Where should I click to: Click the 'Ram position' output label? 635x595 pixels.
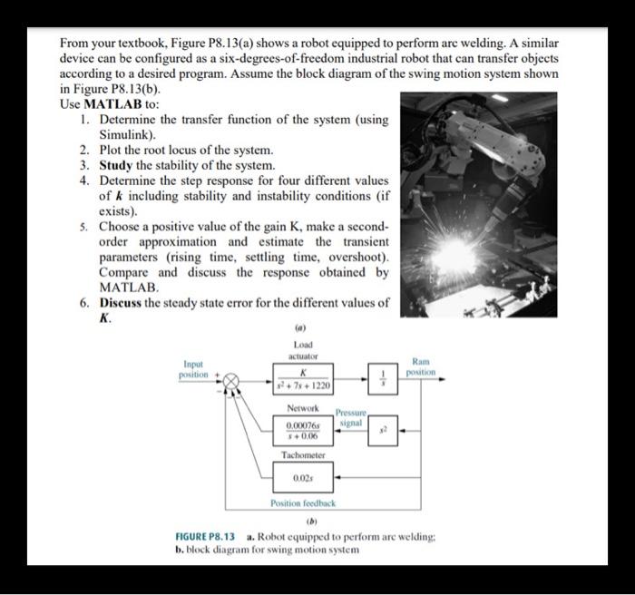tap(421, 366)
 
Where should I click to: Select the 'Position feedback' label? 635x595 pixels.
tap(303, 503)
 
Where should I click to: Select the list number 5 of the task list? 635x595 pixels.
tap(84, 227)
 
